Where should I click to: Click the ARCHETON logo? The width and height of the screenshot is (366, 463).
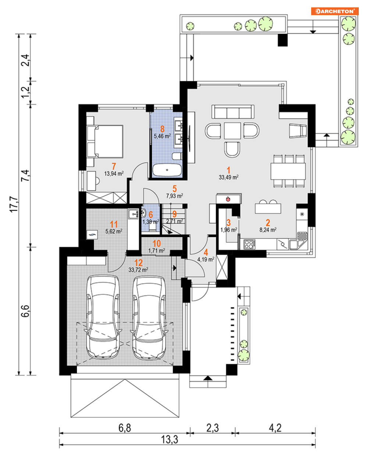pyautogui.click(x=335, y=11)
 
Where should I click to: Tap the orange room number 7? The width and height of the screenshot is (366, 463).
pyautogui.click(x=114, y=166)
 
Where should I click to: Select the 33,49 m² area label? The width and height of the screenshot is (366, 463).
pyautogui.click(x=228, y=177)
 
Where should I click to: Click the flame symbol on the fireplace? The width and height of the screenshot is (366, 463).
pyautogui.click(x=228, y=199)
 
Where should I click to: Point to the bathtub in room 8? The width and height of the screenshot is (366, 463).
pyautogui.click(x=167, y=170)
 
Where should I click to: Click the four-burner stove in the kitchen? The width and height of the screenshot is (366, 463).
pyautogui.click(x=250, y=244)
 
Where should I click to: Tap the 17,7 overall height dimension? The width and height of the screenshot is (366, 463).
pyautogui.click(x=14, y=204)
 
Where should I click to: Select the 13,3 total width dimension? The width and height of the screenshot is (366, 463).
pyautogui.click(x=170, y=439)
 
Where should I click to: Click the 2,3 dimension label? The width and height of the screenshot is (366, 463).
pyautogui.click(x=213, y=428)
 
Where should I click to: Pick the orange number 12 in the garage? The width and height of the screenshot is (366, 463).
pyautogui.click(x=138, y=263)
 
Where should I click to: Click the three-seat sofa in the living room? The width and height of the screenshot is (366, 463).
pyautogui.click(x=233, y=112)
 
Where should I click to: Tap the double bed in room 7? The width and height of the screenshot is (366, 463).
pyautogui.click(x=105, y=141)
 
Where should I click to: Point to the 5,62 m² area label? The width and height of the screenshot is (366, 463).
pyautogui.click(x=114, y=231)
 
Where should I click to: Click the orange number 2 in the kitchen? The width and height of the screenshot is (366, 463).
pyautogui.click(x=268, y=223)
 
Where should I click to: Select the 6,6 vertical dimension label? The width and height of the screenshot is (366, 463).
pyautogui.click(x=25, y=311)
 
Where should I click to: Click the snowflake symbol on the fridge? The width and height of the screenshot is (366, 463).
pyautogui.click(x=302, y=214)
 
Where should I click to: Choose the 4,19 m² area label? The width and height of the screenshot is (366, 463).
pyautogui.click(x=206, y=260)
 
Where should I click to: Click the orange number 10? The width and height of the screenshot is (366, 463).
pyautogui.click(x=157, y=244)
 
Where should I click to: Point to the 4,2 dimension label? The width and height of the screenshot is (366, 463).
pyautogui.click(x=275, y=428)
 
